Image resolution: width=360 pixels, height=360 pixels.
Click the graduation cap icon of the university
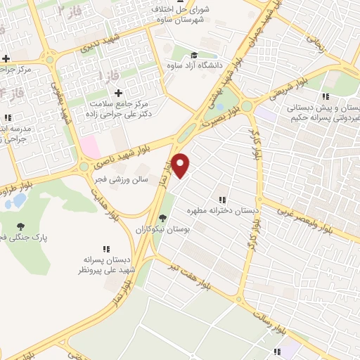pos(193,56)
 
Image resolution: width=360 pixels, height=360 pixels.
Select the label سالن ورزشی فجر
pos(122,179)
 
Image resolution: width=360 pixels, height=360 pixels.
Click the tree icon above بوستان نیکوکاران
pos(163,218)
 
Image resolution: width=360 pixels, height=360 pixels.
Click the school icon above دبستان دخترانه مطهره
pos(222,200)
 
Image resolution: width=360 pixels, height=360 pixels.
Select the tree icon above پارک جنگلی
pos(20,226)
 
